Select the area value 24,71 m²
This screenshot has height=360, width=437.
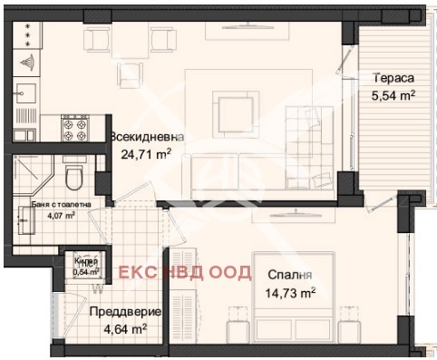point(146,153)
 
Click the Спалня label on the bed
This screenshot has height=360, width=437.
point(289,275)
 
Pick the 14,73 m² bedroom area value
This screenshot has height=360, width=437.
point(290,292)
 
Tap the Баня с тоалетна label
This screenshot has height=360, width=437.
point(54,204)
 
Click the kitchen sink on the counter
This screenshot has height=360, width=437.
point(25,93)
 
